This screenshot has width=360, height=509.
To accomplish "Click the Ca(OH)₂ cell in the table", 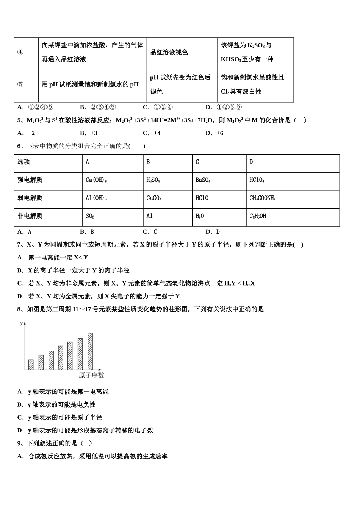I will pyautogui.click(x=96, y=180).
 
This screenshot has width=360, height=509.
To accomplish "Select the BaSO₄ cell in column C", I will pyautogui.click(x=203, y=180).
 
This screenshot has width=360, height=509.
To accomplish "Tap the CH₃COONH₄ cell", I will pyautogui.click(x=262, y=198).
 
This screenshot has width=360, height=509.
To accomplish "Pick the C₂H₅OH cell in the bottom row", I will pyautogui.click(x=258, y=216).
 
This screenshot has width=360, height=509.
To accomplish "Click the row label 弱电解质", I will pyautogui.click(x=30, y=198).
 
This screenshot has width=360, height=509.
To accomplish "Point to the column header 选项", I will pyautogui.click(x=23, y=162).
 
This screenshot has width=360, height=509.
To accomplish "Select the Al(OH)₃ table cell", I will pyautogui.click(x=96, y=198).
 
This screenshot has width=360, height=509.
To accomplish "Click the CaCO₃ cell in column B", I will pyautogui.click(x=153, y=198).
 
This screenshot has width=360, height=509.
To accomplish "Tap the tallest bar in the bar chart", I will pyautogui.click(x=90, y=351).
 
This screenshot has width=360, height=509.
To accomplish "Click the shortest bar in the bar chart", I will pyautogui.click(x=31, y=364).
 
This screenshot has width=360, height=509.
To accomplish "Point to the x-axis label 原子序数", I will pyautogui.click(x=91, y=376).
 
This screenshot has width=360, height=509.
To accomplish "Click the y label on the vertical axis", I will pyautogui.click(x=21, y=324).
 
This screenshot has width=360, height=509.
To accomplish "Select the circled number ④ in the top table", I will pyautogui.click(x=20, y=52).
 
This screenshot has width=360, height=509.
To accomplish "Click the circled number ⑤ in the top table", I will pyautogui.click(x=20, y=84).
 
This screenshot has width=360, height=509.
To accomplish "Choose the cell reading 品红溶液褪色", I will pyautogui.click(x=169, y=52).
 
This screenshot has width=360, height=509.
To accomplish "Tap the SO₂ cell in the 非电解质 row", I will pyautogui.click(x=90, y=216).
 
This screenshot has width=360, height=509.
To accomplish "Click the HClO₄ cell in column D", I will pyautogui.click(x=257, y=180).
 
